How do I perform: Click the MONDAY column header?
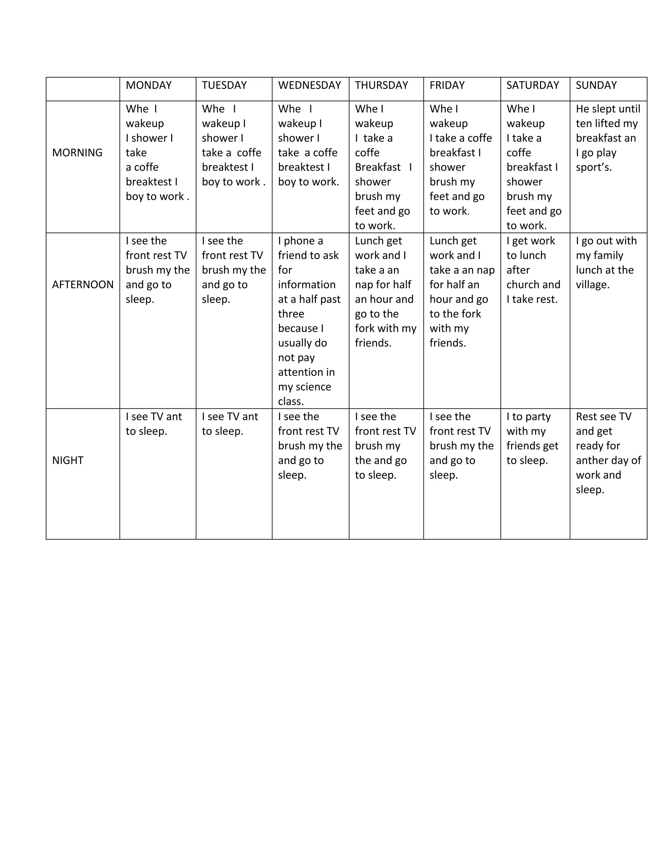click(148, 85)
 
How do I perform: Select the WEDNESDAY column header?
click(309, 85)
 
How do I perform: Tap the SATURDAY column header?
click(532, 85)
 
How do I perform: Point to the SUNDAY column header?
click(596, 85)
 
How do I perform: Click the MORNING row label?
click(77, 153)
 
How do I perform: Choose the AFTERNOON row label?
click(83, 285)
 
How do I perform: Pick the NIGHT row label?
click(68, 460)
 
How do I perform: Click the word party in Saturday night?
click(538, 417)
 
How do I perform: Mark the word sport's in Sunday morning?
click(593, 167)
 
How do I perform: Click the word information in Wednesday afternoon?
click(307, 285)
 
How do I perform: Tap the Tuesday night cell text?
click(230, 424)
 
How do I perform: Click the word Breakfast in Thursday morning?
click(377, 167)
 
